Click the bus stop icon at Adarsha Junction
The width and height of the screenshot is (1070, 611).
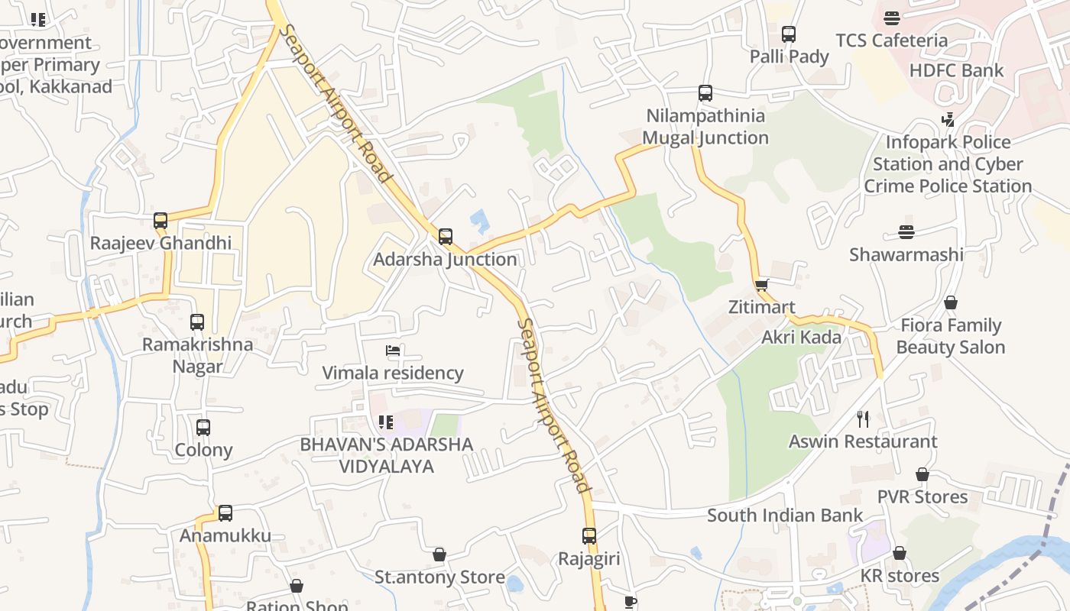pos(446,236)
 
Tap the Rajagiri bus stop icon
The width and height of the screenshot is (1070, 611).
pos(588,536)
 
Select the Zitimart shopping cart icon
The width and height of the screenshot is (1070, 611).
pos(761,286)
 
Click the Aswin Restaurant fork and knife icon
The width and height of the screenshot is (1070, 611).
pos(863,419)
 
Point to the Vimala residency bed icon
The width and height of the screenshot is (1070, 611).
pos(393,351)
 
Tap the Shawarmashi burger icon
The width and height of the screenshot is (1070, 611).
pos(906,232)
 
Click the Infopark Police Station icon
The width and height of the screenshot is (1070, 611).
pos(948,120)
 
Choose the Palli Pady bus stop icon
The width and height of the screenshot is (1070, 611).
pos(789,34)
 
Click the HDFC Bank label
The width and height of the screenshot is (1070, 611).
pos(956,70)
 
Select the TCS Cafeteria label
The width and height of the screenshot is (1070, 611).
pos(891,40)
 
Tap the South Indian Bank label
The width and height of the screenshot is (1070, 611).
pos(785,515)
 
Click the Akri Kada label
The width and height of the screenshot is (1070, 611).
pos(801,337)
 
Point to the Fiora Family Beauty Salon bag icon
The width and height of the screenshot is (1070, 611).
pos(950,303)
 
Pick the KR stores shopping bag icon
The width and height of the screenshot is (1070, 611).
pos(900,553)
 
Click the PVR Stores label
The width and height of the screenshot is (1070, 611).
pos(922,496)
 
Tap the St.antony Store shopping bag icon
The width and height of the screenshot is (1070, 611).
pos(439,554)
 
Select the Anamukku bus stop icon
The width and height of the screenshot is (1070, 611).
pos(225,513)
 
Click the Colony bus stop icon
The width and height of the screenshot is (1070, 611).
pos(203,428)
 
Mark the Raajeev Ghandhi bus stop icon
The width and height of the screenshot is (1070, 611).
pos(160,221)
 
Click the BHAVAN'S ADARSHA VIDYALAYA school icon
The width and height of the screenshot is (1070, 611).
pos(385,422)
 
